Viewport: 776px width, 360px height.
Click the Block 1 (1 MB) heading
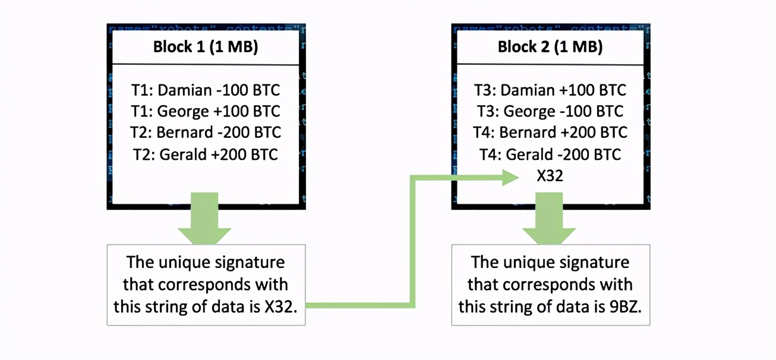(x=206, y=48)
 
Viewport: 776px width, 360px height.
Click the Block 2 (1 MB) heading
(x=550, y=48)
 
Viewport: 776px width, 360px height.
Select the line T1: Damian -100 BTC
(x=206, y=90)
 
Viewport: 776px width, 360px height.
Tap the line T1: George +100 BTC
(x=206, y=112)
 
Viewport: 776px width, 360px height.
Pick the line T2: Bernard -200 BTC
(x=206, y=132)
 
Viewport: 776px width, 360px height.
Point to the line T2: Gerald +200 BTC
(x=206, y=154)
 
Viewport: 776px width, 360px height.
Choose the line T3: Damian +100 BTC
(x=550, y=90)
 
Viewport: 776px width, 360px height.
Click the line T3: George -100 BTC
(x=550, y=112)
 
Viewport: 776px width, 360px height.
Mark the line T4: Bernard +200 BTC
(x=550, y=132)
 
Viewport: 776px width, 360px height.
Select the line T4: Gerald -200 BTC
(x=550, y=154)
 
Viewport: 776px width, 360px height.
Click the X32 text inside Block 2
(x=550, y=176)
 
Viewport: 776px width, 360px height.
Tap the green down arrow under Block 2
(x=550, y=223)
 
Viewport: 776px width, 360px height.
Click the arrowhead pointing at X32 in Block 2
(x=511, y=176)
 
